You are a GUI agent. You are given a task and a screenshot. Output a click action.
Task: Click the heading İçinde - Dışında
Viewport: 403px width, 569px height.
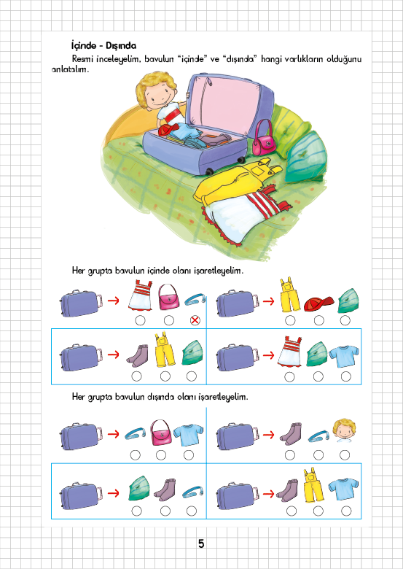point(103,46)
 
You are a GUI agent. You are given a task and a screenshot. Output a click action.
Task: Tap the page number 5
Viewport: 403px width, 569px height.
point(201,543)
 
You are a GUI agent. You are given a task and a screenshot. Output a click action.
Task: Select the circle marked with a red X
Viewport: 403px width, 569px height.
point(195,320)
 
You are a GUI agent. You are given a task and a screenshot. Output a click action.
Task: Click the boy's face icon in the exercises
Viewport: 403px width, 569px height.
point(344,430)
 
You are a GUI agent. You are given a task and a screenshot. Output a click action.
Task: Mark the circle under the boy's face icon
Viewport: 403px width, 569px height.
point(345,455)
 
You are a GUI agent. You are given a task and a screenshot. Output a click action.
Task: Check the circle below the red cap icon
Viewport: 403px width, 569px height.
point(319,320)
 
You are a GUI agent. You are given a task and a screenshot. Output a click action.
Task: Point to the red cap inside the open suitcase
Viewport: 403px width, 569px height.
point(168,129)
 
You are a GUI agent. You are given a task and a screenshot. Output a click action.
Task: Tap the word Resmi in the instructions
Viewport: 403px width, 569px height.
point(82,59)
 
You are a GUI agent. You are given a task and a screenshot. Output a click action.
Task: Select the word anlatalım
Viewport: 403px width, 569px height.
point(70,69)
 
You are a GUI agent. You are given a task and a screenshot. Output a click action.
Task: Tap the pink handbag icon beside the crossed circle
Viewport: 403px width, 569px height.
point(169,296)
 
